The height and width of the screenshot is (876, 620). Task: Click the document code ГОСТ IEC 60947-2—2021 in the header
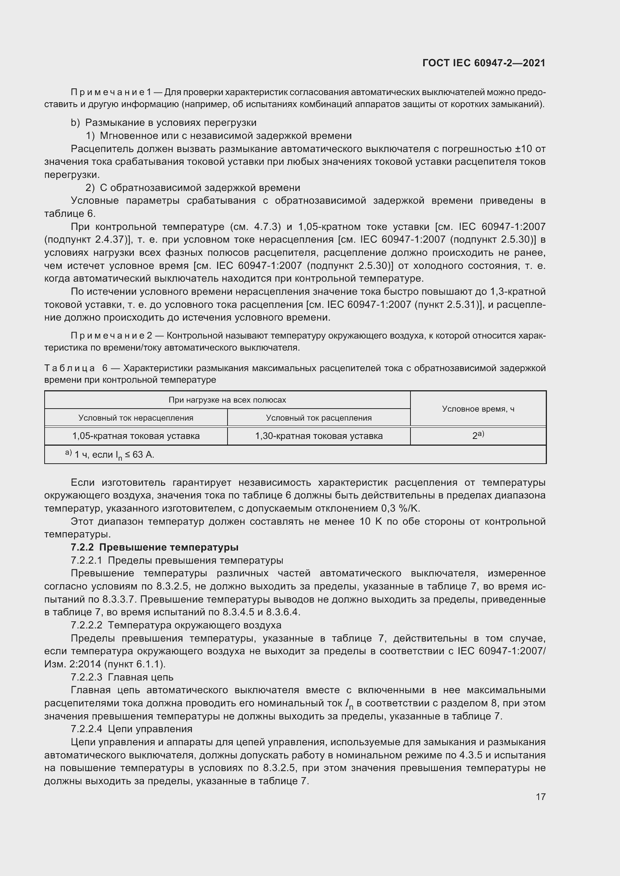[x=484, y=63]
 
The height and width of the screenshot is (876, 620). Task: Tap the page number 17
[x=541, y=796]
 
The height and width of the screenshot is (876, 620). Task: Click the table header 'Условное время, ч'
[x=478, y=409]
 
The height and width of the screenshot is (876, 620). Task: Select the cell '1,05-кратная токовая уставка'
[x=136, y=436]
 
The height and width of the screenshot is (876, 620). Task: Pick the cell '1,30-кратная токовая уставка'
[x=319, y=436]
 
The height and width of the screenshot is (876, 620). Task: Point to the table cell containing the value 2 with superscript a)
[x=478, y=435]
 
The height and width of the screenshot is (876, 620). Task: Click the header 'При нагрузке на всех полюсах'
[x=227, y=400]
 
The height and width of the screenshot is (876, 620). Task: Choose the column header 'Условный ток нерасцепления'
[x=136, y=418]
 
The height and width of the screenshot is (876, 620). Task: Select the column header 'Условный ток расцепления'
[x=319, y=418]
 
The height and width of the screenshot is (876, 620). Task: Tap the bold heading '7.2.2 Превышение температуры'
[x=154, y=547]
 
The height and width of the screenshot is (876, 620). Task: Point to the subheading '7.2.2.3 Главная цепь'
[x=122, y=677]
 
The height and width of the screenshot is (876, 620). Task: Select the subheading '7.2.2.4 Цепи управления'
[x=132, y=729]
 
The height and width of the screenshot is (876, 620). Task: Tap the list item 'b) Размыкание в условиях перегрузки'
[x=164, y=122]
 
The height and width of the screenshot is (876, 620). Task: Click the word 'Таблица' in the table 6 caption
[x=69, y=368]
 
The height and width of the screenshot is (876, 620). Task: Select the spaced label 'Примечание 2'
[x=111, y=336]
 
